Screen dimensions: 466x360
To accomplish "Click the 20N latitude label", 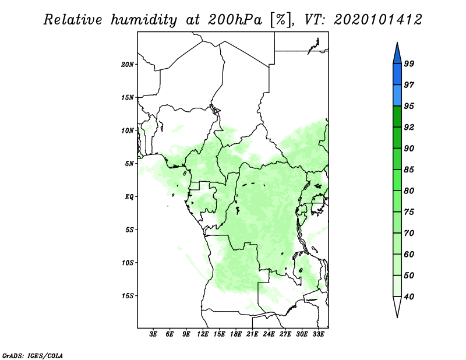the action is [128, 64].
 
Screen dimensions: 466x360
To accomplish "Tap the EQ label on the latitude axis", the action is [129, 196].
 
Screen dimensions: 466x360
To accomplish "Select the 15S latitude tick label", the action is [128, 296].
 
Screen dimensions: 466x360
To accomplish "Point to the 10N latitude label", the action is [128, 130].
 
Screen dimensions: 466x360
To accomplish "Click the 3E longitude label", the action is [153, 334].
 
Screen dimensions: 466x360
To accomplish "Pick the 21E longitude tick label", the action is [252, 334].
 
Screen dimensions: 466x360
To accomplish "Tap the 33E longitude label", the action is [318, 334].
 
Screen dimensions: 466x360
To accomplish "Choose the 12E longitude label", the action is [203, 334].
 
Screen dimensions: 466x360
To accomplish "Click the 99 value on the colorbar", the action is [409, 63].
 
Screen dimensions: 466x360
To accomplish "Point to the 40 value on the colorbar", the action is [409, 297].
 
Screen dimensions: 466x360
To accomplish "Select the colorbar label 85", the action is [409, 170].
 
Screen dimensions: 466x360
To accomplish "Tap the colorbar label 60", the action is [409, 254].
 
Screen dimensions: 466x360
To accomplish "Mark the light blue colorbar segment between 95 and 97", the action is [397, 96].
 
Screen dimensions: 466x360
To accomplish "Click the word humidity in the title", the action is [144, 20].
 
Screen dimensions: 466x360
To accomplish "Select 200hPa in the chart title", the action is [235, 20].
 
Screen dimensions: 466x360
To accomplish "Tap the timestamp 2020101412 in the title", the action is [378, 20].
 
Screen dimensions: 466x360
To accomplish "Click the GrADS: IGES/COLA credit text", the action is [33, 355].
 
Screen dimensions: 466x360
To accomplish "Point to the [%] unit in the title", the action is [281, 20].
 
